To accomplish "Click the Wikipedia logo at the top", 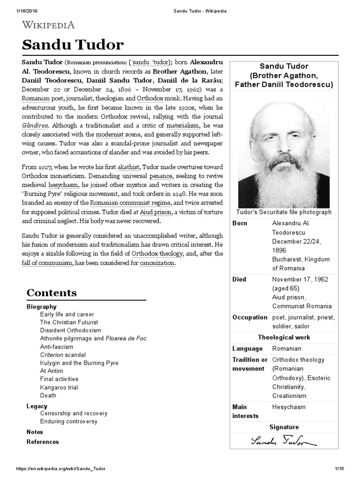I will pos(48,25).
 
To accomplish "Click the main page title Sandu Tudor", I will pos(73,45).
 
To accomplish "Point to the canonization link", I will pos(157,263).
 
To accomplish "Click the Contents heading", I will pos(52,293).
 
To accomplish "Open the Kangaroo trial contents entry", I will pos(59,387).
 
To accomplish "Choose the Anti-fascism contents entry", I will pos(57,347).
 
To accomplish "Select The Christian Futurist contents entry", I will pos(69,322).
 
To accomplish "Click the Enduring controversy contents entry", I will pos(69,421).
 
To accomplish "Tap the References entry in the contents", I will pos(43,442).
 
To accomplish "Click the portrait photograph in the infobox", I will pos(284,149).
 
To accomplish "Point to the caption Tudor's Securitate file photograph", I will pos(284,212).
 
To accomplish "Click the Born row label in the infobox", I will pos(240,223).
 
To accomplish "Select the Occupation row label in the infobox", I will pos(250,317).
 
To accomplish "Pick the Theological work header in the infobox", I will pos(284,337).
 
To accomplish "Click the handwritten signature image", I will pos(284,441).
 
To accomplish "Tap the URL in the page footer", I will pos(61,469).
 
